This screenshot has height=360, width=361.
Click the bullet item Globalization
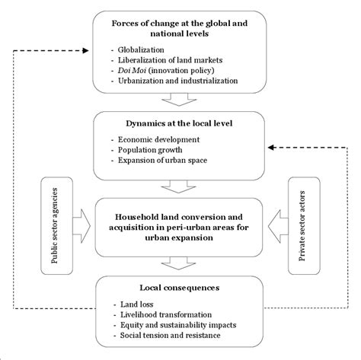click(141, 49)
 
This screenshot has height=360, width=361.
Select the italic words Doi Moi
click(132, 70)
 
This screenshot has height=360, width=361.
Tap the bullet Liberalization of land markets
click(170, 60)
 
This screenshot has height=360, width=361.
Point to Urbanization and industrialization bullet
click(178, 81)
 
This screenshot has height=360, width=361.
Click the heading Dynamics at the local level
click(179, 123)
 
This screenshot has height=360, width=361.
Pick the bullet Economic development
click(158, 139)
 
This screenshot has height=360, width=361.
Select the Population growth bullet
click(150, 150)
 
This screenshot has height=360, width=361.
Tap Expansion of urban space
click(162, 161)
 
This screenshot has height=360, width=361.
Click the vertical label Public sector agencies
click(55, 225)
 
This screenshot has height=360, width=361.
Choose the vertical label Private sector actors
click(302, 226)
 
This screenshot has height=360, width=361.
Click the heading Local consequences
click(180, 288)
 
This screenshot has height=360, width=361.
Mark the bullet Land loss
click(137, 304)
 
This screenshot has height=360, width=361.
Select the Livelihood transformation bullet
click(166, 314)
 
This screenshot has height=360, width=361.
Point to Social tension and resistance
click(171, 335)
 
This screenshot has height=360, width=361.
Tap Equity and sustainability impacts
click(178, 325)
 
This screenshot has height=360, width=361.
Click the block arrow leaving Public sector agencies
click(81, 226)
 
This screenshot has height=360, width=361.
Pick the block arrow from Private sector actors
click(278, 226)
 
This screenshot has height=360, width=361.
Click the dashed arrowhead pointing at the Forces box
click(86, 51)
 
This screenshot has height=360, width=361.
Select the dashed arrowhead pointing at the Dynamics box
click(271, 148)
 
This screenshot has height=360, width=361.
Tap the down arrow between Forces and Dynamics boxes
click(179, 100)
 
